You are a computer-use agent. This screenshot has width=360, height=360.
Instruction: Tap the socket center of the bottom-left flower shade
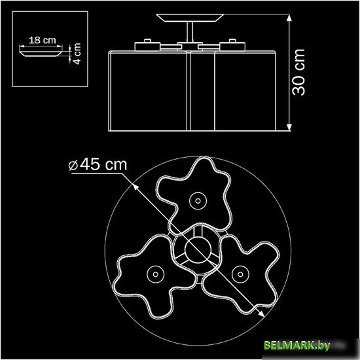(154, 271)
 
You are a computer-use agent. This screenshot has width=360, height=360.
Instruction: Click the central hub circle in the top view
(195, 248)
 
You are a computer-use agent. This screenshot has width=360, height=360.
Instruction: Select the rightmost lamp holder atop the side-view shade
(230, 45)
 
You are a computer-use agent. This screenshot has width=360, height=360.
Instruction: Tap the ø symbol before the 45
(73, 166)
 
